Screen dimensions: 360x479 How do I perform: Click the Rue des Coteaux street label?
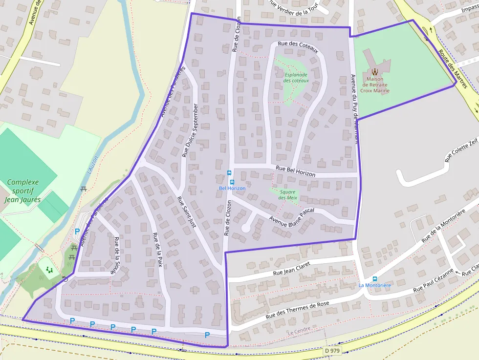(298, 47)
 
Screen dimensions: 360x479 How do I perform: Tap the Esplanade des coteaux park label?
(296, 77)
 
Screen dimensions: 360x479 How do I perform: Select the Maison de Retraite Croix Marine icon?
(375, 71)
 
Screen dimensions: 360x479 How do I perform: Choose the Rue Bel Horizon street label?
(296, 171)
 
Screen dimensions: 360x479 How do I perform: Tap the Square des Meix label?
(288, 195)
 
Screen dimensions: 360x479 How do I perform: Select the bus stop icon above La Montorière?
(375, 278)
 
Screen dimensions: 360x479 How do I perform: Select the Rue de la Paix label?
(157, 250)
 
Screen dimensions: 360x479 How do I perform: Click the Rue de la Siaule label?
(117, 255)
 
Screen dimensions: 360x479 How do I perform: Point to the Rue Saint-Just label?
(186, 217)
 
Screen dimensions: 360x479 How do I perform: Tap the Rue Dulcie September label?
(190, 130)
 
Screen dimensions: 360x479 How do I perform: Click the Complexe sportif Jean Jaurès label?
(23, 191)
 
